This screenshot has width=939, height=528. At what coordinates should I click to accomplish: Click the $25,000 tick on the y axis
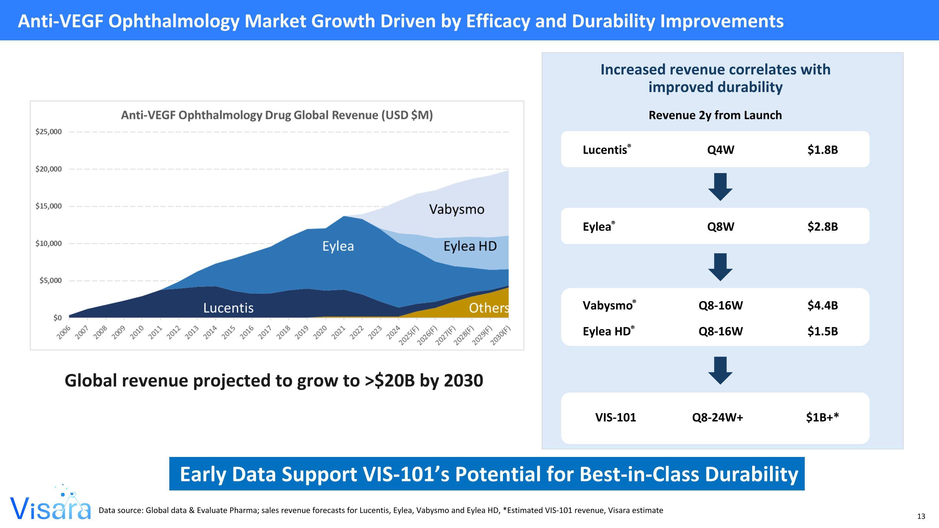pyautogui.click(x=49, y=132)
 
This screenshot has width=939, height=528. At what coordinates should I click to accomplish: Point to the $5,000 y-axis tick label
pyautogui.click(x=50, y=280)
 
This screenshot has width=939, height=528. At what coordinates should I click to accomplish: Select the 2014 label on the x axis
pyautogui.click(x=210, y=332)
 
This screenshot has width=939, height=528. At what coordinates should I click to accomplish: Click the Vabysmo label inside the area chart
pyautogui.click(x=456, y=209)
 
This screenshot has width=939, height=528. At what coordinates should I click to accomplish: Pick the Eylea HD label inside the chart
pyautogui.click(x=470, y=246)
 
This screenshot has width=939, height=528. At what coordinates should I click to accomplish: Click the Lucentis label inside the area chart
pyautogui.click(x=228, y=308)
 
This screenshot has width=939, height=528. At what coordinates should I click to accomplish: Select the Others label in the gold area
pyautogui.click(x=489, y=308)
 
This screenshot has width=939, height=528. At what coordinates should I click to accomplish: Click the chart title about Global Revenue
pyautogui.click(x=277, y=115)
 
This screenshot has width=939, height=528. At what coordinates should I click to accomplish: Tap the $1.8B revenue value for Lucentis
pyautogui.click(x=822, y=150)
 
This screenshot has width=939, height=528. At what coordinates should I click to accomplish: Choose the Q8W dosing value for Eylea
pyautogui.click(x=720, y=227)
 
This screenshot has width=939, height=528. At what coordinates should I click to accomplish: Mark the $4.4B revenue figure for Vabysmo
pyautogui.click(x=822, y=305)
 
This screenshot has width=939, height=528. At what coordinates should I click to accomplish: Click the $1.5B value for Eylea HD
pyautogui.click(x=822, y=331)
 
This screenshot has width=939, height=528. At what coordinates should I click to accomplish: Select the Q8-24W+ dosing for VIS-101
pyautogui.click(x=717, y=417)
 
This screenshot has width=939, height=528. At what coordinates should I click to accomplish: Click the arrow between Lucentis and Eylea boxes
pyautogui.click(x=720, y=187)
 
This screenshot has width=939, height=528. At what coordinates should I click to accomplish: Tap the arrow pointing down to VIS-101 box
pyautogui.click(x=720, y=370)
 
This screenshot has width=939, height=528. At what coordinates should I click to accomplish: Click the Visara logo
pyautogui.click(x=50, y=505)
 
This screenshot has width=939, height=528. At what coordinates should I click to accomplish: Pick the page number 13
pyautogui.click(x=921, y=516)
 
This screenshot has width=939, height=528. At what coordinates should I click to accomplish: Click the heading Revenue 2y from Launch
pyautogui.click(x=715, y=115)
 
